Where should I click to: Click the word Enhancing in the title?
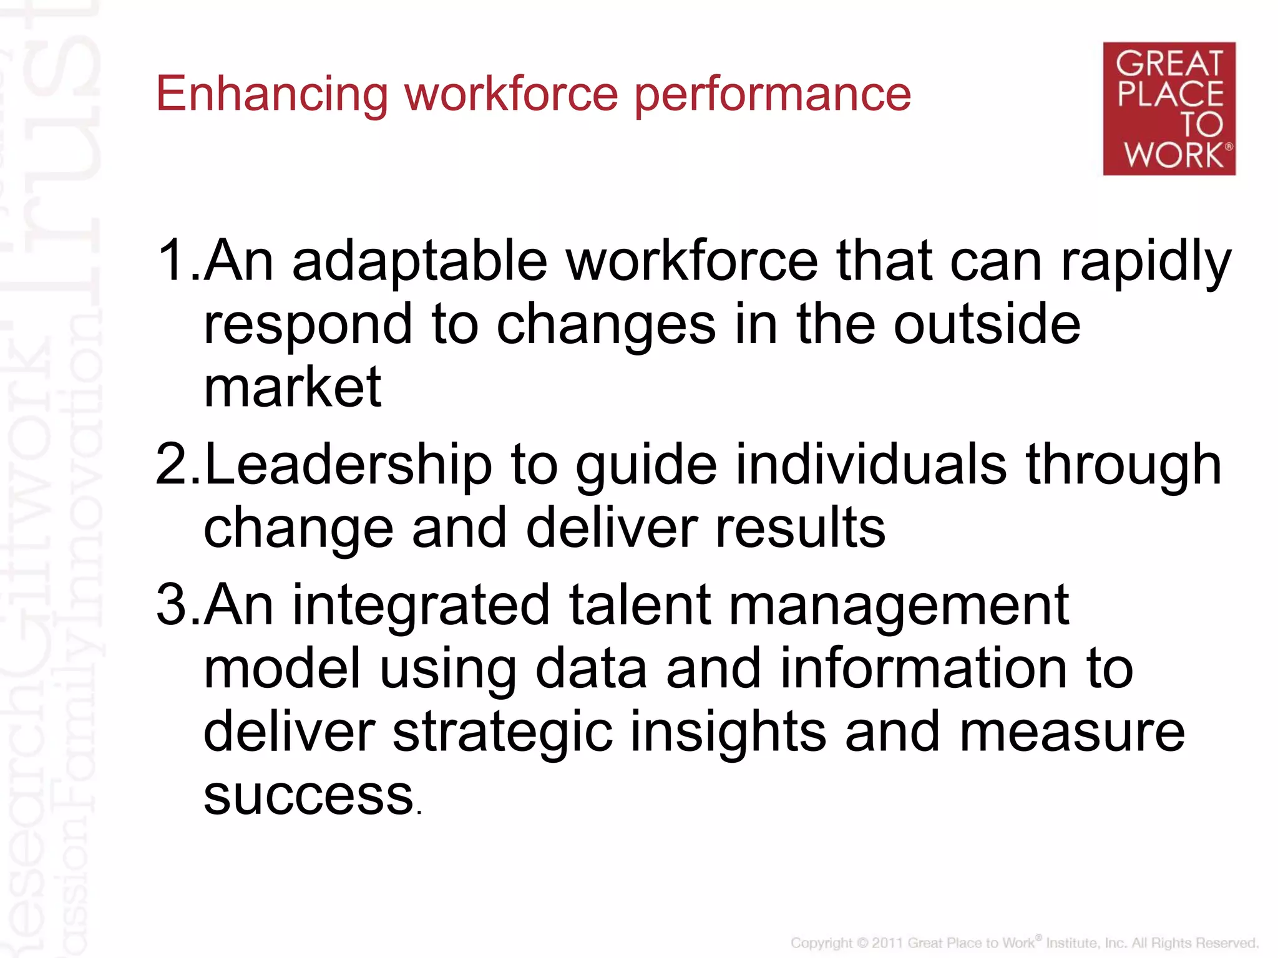(x=272, y=95)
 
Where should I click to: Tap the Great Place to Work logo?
(x=1169, y=109)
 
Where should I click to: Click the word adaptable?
(x=419, y=262)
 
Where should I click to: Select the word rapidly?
(x=1146, y=262)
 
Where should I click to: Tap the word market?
(x=292, y=388)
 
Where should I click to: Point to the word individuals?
(x=871, y=465)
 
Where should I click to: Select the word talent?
(x=640, y=605)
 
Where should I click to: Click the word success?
(x=309, y=796)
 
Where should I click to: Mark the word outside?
(x=987, y=324)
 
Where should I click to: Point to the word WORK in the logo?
(x=1174, y=155)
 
